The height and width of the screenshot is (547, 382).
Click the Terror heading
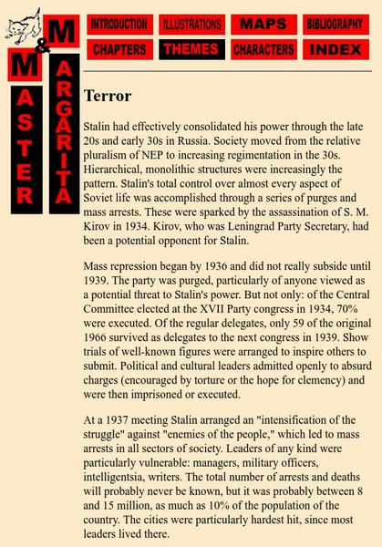coord(108,95)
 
